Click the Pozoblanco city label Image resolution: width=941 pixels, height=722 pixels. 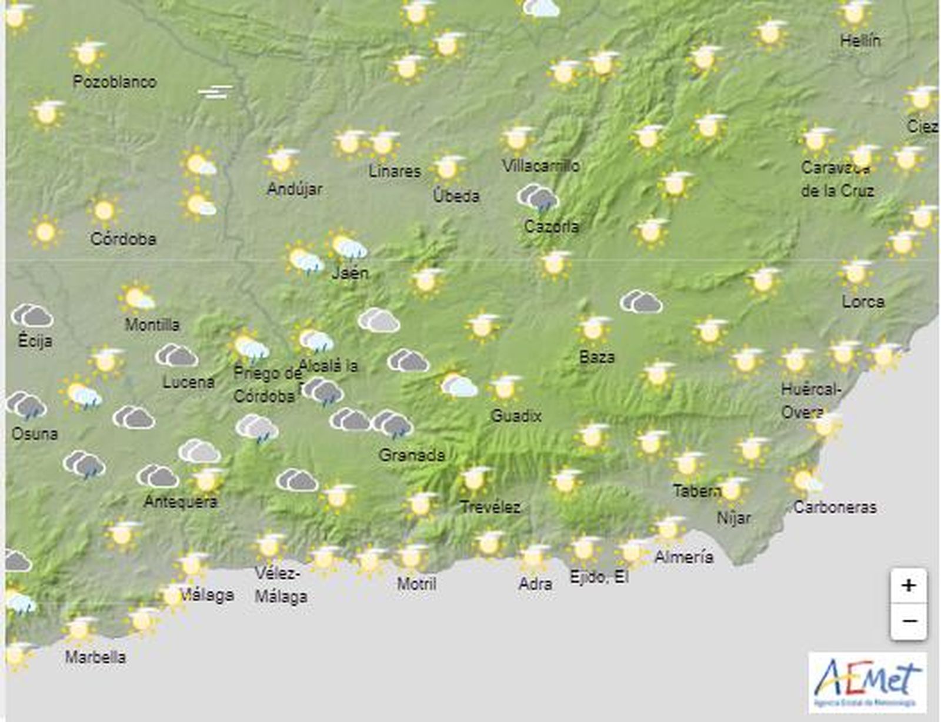(x=115, y=82)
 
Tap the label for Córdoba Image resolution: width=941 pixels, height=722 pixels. (x=124, y=239)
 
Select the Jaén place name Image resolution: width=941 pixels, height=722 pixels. (x=350, y=273)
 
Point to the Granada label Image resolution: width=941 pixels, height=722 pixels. (x=412, y=455)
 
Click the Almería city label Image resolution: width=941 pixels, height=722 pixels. (x=684, y=557)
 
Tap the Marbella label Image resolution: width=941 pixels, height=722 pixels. (x=95, y=657)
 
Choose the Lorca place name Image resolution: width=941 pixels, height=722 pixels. (x=863, y=302)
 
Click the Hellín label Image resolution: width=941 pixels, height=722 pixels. (x=860, y=41)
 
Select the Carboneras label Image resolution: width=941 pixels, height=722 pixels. (x=835, y=507)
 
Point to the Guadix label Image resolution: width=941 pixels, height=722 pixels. (x=516, y=416)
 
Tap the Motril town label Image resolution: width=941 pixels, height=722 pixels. (x=416, y=584)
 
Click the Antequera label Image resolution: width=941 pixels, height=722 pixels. (x=181, y=501)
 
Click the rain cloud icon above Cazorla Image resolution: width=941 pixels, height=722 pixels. (x=538, y=198)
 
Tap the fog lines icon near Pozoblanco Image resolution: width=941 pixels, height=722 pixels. (x=215, y=92)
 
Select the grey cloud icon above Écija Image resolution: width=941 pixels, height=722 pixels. (x=32, y=316)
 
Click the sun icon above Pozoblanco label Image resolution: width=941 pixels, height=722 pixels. (x=88, y=54)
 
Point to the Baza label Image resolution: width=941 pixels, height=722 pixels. (x=596, y=357)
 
